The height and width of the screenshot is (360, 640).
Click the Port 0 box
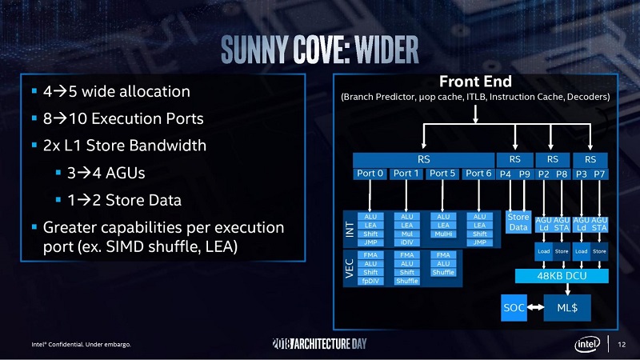pyautogui.click(x=370, y=173)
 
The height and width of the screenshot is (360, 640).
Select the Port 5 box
pyautogui.click(x=442, y=173)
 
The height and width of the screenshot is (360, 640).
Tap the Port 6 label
pyautogui.click(x=478, y=173)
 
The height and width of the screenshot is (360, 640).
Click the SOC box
pyautogui.click(x=514, y=306)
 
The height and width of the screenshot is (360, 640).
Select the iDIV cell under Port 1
pyautogui.click(x=406, y=242)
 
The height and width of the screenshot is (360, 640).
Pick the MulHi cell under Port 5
pyautogui.click(x=443, y=234)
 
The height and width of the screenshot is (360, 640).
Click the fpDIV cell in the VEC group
pyautogui.click(x=370, y=281)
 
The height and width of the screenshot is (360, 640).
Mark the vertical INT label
pyautogui.click(x=349, y=229)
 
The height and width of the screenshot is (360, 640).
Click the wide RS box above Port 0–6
pyautogui.click(x=424, y=158)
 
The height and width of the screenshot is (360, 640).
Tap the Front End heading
pyautogui.click(x=475, y=82)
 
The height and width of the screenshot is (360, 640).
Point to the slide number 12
pyautogui.click(x=622, y=345)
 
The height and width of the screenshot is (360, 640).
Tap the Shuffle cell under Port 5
pyautogui.click(x=443, y=272)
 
